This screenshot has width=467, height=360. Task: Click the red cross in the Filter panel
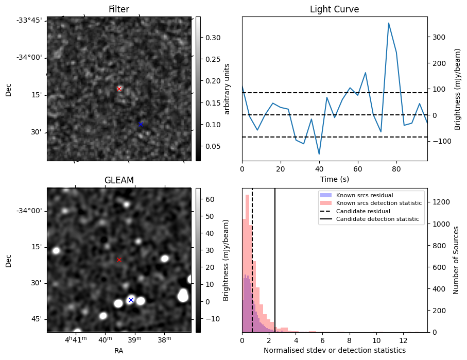(x=119, y=89)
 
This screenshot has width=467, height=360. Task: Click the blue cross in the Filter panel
(x=141, y=124)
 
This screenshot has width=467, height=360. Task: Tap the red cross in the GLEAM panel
(x=119, y=260)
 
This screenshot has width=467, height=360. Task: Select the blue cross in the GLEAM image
(x=131, y=300)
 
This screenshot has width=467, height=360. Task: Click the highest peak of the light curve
(x=389, y=23)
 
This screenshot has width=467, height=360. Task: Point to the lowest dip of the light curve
(x=319, y=153)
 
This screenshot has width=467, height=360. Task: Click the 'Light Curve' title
(x=334, y=10)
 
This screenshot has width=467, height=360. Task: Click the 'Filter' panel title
(x=119, y=10)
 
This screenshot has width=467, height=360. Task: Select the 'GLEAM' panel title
(x=119, y=180)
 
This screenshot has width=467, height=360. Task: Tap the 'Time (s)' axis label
(x=334, y=179)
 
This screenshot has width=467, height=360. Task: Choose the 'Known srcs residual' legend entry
(x=364, y=195)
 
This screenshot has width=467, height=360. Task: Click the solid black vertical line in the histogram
(x=275, y=258)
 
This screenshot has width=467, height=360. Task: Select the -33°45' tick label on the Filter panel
(x=32, y=20)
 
